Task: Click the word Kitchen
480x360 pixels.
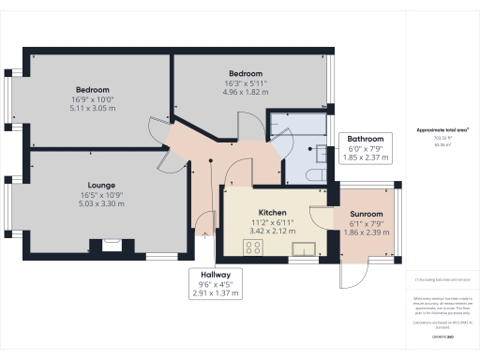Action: pyautogui.click(x=272, y=214)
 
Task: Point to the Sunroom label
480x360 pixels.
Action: pyautogui.click(x=367, y=214)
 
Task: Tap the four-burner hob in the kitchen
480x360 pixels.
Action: pyautogui.click(x=252, y=247)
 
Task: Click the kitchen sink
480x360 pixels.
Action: pyautogui.click(x=303, y=248)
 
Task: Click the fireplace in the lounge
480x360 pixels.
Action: pyautogui.click(x=111, y=246)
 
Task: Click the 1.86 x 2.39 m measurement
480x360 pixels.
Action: pyautogui.click(x=367, y=234)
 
